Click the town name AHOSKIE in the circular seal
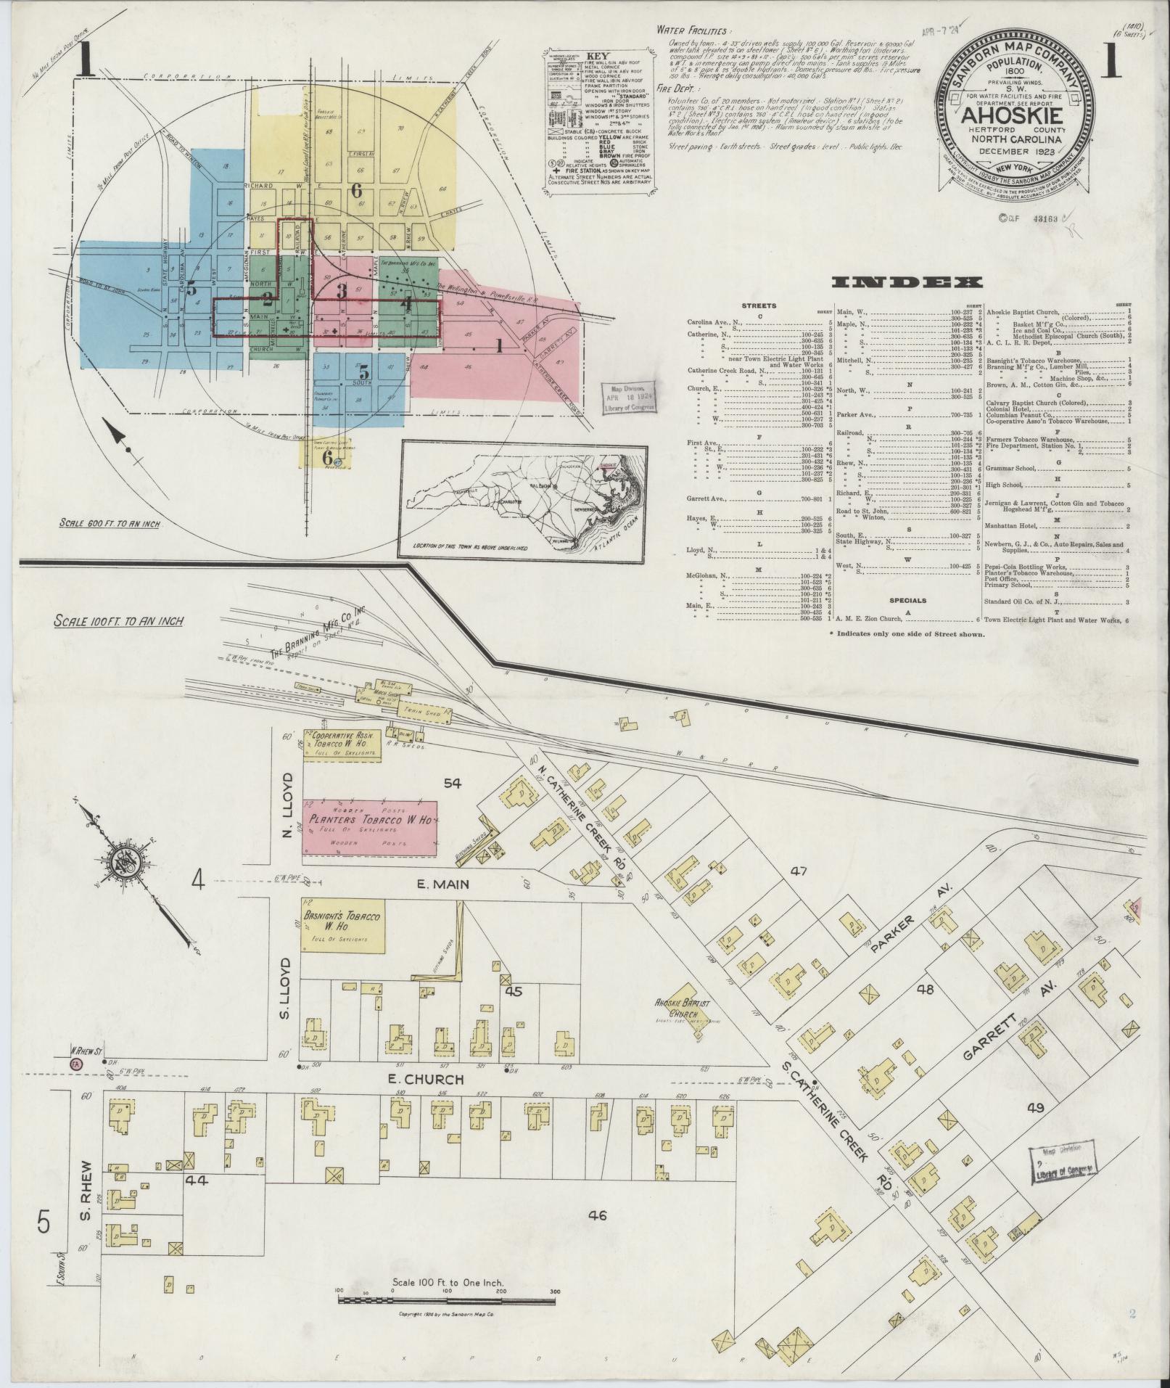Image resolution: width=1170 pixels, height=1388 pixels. click(1013, 116)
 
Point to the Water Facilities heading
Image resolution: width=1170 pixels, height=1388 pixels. click(693, 30)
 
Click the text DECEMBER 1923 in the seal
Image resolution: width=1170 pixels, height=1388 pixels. click(1013, 151)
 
